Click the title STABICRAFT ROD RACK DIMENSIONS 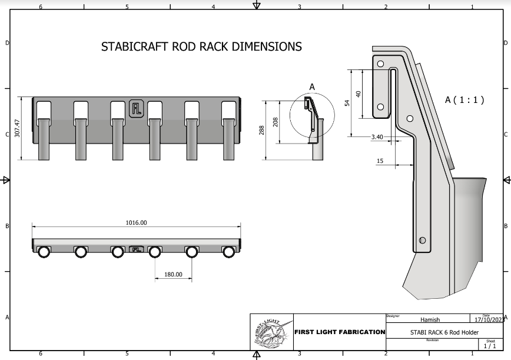coord(201,46)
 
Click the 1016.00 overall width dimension coord(136,222)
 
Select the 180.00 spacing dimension coord(173,274)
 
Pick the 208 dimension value coord(276,122)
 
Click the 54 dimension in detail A coord(347,102)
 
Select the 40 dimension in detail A coord(358,94)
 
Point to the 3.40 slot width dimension coord(377,137)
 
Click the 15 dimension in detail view coord(380,161)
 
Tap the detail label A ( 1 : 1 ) coord(464,100)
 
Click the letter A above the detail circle coord(312,86)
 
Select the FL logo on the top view coord(136,249)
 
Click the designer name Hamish coord(430,320)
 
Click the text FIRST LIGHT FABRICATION coord(339,332)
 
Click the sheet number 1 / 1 coord(490,346)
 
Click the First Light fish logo coord(271,333)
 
